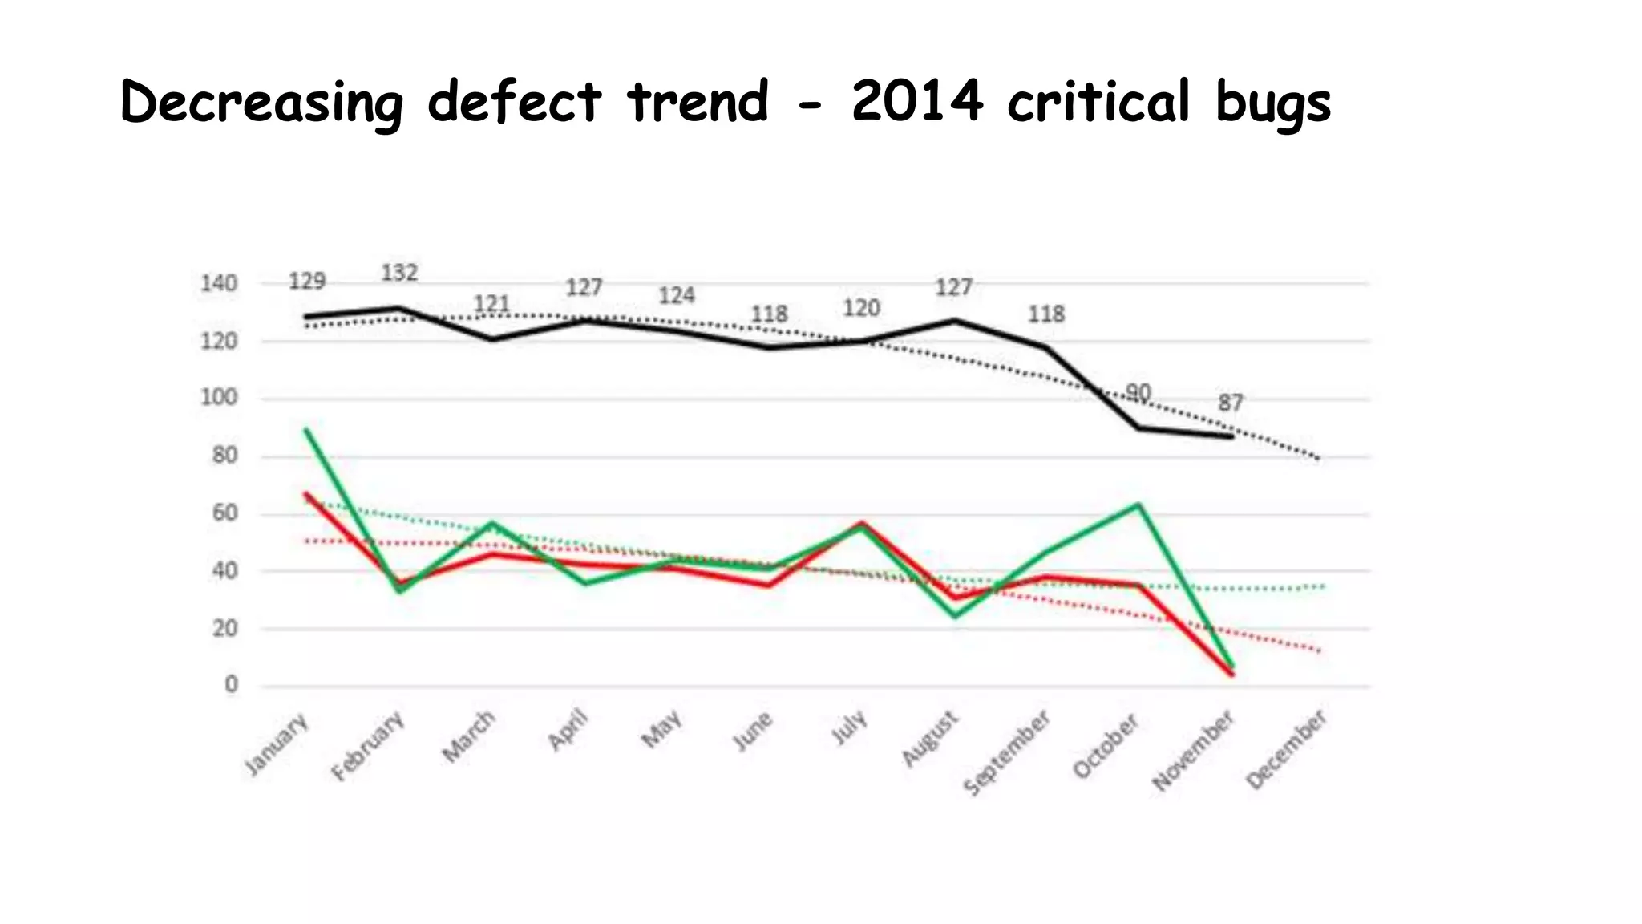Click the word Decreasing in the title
click(261, 103)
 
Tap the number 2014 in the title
click(916, 102)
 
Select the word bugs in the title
click(1272, 103)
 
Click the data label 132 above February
click(398, 274)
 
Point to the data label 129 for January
click(307, 282)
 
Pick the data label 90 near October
click(1138, 392)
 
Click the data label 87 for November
click(1230, 403)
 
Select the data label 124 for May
click(676, 296)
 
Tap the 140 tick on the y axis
click(219, 284)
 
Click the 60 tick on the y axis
click(224, 513)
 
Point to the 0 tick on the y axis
click(231, 685)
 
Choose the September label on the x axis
click(1006, 753)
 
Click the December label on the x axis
click(1286, 750)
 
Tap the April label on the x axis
click(568, 731)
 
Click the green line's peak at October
click(1138, 505)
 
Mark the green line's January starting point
click(307, 431)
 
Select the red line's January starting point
click(307, 495)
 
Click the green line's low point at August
click(955, 616)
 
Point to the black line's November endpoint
click(1231, 436)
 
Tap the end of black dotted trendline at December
click(1319, 459)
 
